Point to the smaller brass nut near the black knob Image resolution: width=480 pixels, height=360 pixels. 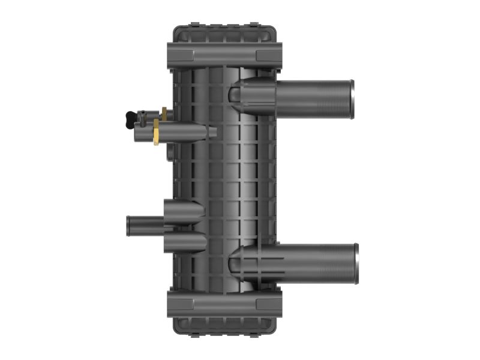pyautogui.click(x=163, y=112)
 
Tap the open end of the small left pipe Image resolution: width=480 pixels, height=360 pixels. pyautogui.click(x=129, y=227)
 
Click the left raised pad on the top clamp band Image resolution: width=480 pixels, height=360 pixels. pyautogui.click(x=183, y=55)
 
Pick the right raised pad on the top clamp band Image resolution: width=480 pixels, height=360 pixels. pyautogui.click(x=266, y=55)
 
